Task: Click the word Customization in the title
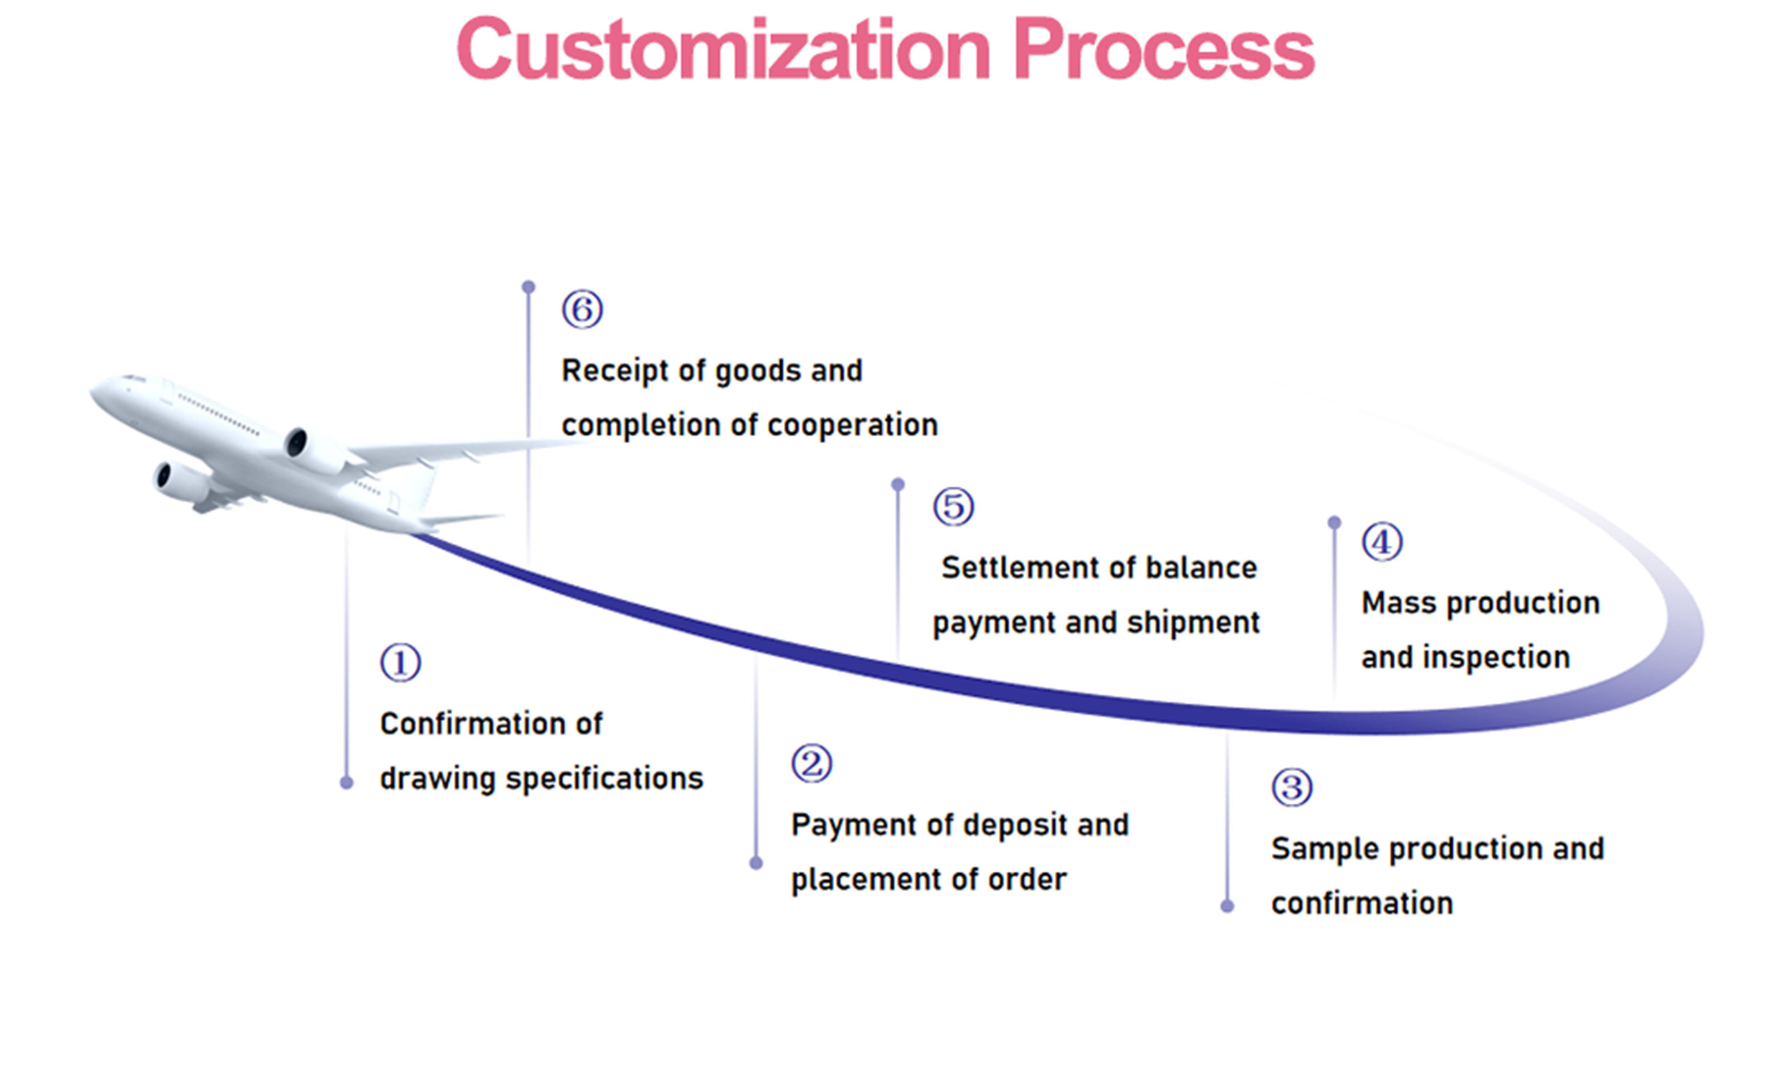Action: tap(724, 49)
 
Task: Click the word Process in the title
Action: tap(1164, 49)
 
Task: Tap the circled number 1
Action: tap(400, 663)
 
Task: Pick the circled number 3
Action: tap(1292, 787)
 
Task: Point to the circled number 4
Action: tap(1382, 542)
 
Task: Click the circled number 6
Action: tap(582, 310)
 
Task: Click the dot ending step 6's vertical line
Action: tap(529, 287)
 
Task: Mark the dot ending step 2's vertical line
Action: tap(756, 863)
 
